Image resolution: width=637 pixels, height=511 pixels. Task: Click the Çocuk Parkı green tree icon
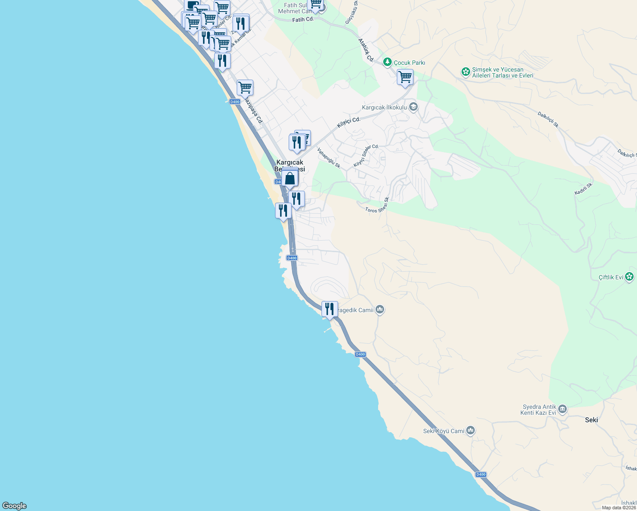[x=387, y=63]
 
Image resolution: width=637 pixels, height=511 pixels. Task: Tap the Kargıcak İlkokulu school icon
[x=413, y=107]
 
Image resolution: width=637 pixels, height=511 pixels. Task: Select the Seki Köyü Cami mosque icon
[x=471, y=431]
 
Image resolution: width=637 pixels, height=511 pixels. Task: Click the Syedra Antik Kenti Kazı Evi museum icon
[x=562, y=410]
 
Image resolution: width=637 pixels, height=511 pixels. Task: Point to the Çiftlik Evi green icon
[x=630, y=277]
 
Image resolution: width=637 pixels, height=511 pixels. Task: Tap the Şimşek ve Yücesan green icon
[x=466, y=72]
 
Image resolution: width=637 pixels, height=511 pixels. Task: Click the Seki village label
[x=591, y=420]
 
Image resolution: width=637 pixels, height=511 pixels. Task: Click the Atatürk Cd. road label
[x=366, y=50]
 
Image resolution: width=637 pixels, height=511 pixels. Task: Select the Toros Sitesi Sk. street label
[x=377, y=205]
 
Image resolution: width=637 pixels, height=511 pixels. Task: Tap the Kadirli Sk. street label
[x=583, y=189]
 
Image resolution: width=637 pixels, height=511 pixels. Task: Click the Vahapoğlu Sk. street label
[x=329, y=158]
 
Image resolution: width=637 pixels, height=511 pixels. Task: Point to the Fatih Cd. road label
[x=303, y=20]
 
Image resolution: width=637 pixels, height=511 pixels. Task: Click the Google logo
[x=14, y=506]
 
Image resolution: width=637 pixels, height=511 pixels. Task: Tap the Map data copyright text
[x=619, y=508]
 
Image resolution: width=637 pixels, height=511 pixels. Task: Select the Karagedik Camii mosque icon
[x=380, y=310]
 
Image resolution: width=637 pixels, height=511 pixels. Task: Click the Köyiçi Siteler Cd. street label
[x=366, y=156]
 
